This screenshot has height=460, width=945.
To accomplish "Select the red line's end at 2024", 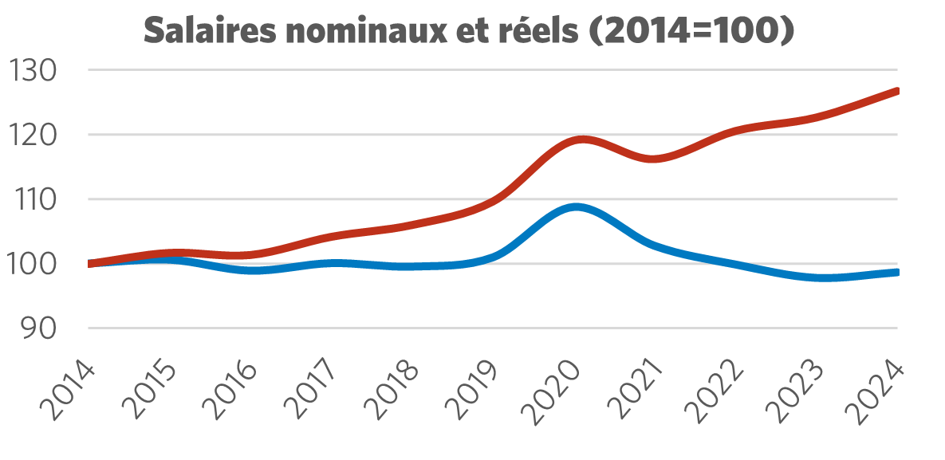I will (897, 91).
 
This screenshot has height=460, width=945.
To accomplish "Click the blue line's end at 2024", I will (897, 273).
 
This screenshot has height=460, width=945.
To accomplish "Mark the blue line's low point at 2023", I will (821, 277).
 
